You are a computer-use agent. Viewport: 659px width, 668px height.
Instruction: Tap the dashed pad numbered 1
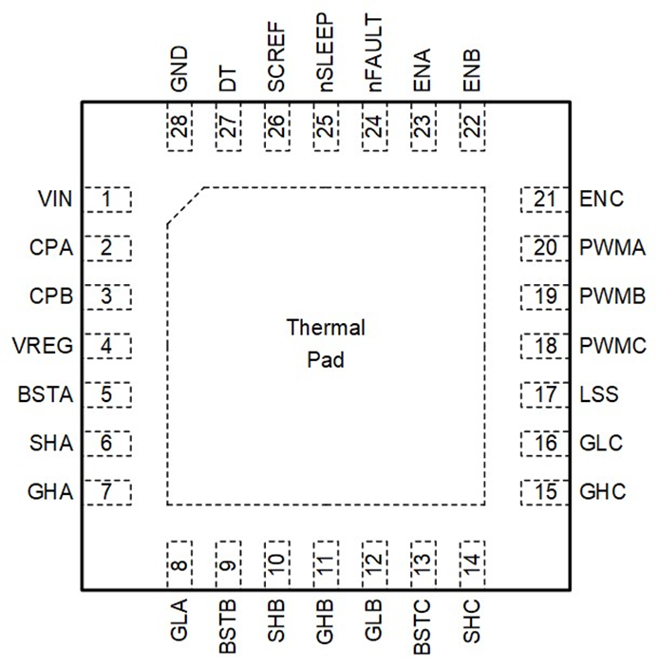coord(107,200)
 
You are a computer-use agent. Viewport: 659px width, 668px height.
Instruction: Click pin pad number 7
coord(107,492)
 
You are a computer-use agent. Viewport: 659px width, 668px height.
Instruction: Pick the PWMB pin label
coord(613,297)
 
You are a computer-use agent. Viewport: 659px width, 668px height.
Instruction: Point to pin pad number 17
coord(544,394)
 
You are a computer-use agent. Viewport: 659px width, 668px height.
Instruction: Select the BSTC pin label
coord(424,626)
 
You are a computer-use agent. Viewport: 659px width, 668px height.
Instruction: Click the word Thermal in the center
coord(326,329)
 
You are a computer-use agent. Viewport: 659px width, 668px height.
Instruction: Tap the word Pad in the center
coord(326,361)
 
